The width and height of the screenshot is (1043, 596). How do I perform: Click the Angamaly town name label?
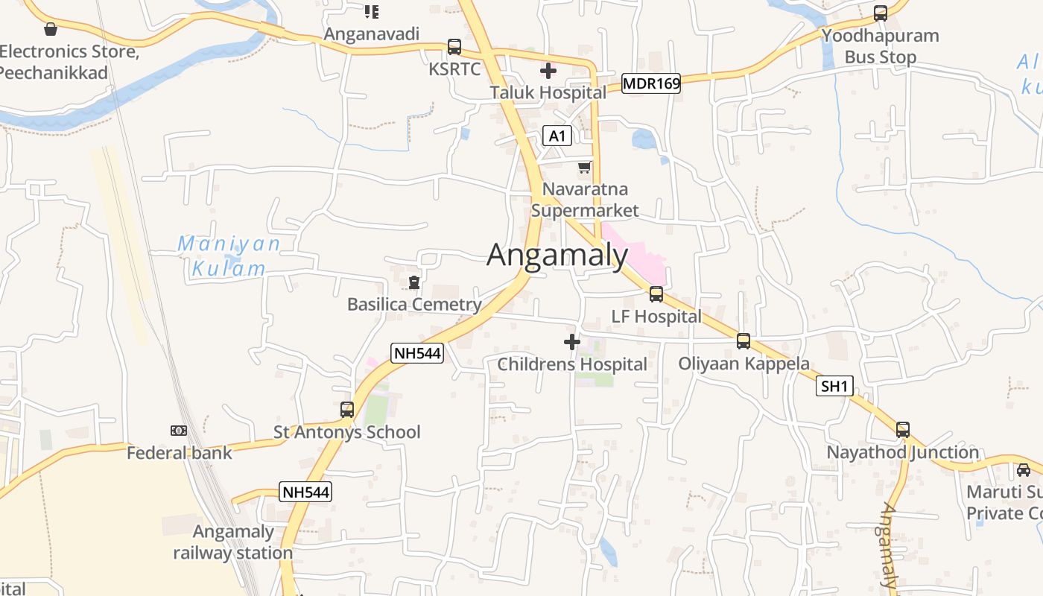click(x=557, y=256)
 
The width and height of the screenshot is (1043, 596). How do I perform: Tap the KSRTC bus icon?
click(x=454, y=47)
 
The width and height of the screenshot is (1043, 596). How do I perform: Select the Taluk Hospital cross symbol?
click(x=548, y=71)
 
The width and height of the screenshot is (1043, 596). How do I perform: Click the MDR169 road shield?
click(x=651, y=83)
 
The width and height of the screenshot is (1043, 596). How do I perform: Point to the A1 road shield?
click(x=557, y=136)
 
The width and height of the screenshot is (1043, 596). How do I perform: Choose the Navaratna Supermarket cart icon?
click(x=585, y=167)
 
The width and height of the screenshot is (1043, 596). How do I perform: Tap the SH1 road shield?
click(x=834, y=386)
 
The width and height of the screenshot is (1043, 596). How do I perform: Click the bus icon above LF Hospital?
click(x=656, y=294)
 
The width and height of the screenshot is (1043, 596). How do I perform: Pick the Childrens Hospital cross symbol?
click(x=572, y=342)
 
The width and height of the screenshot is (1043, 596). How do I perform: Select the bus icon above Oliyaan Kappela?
click(x=744, y=341)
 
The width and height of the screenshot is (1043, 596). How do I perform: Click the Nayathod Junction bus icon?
click(x=903, y=430)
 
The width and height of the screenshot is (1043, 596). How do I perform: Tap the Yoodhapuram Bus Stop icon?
click(x=881, y=13)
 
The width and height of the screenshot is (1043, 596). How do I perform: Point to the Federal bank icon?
click(x=179, y=431)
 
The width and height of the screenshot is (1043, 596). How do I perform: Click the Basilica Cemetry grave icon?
click(x=414, y=282)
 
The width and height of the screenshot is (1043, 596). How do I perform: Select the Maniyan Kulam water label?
click(x=229, y=256)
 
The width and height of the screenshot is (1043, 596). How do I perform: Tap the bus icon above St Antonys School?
click(x=347, y=409)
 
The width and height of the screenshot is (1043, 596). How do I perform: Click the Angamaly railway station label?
click(x=233, y=542)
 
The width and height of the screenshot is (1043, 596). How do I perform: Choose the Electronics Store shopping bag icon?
click(x=51, y=29)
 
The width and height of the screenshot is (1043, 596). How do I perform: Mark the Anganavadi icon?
click(x=372, y=11)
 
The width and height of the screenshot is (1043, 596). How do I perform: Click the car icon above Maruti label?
click(x=1024, y=470)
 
